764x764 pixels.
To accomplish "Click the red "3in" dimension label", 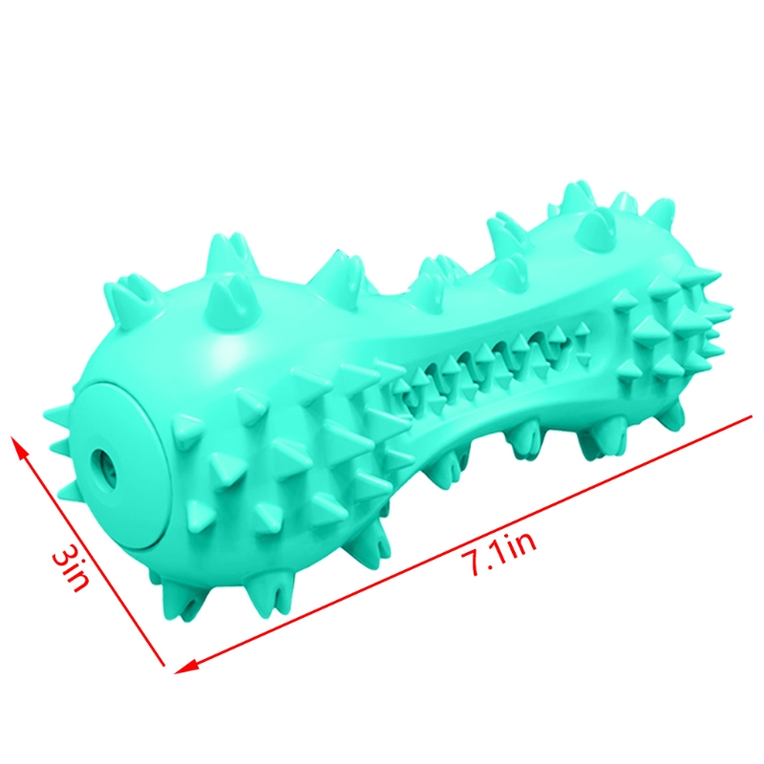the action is [x=72, y=568].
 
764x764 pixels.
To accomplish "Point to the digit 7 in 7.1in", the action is [x=470, y=564].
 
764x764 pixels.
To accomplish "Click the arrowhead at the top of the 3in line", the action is [x=17, y=447].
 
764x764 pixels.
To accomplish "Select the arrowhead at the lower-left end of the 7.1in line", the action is [x=186, y=666].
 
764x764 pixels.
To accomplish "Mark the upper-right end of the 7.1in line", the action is [x=752, y=416].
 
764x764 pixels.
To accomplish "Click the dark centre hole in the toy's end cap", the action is [x=103, y=464].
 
